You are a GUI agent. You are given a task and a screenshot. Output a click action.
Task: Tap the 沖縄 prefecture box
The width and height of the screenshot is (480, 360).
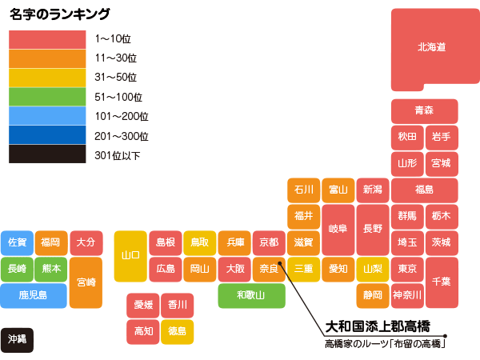(x=17, y=339)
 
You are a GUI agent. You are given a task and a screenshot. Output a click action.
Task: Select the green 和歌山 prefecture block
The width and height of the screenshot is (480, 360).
(x=251, y=295)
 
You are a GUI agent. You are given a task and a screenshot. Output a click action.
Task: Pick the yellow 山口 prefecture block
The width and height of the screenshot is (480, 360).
(x=130, y=256)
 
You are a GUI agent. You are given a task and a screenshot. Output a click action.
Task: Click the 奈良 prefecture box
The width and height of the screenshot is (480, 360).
(x=269, y=269)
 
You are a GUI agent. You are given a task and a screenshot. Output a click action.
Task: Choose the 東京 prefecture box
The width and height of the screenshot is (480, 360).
(x=406, y=269)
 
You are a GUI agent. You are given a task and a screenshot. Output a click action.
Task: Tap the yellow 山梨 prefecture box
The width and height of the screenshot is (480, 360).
(x=372, y=269)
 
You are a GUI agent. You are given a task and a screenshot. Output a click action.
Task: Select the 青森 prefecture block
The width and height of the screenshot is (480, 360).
(x=424, y=110)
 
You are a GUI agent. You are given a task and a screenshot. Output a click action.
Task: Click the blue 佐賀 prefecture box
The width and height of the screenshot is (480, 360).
(x=17, y=242)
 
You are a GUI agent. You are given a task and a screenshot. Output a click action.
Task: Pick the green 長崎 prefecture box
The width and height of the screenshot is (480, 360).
(x=17, y=269)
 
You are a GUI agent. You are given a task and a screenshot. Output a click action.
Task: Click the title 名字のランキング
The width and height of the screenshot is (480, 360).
(x=60, y=14)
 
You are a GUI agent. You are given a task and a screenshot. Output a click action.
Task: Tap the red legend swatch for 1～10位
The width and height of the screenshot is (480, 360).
(x=47, y=38)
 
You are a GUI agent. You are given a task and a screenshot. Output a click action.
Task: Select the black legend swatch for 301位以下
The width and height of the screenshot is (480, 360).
(x=47, y=154)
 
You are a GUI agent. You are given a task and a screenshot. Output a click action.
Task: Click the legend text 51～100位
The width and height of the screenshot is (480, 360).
(x=118, y=97)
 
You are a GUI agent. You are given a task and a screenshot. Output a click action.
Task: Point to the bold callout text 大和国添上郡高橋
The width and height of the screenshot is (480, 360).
(x=378, y=326)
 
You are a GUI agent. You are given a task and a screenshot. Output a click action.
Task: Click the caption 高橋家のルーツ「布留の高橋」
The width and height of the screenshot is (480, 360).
(x=385, y=344)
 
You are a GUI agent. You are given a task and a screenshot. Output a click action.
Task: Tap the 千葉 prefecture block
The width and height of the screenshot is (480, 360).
(x=441, y=282)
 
